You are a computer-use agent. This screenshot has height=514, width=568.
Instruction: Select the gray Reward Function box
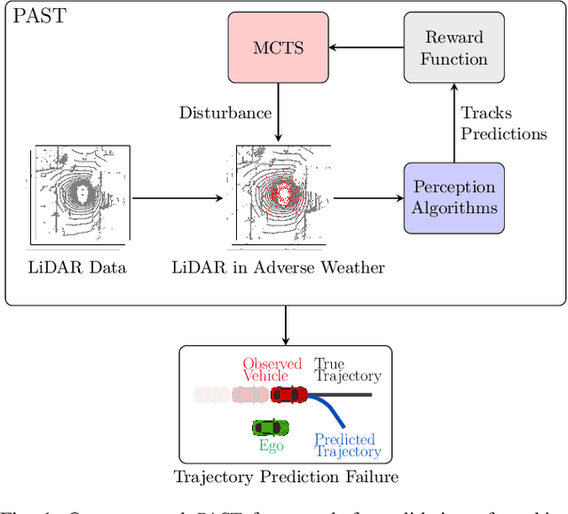(454, 49)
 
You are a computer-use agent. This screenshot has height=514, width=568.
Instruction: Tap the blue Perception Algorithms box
(454, 198)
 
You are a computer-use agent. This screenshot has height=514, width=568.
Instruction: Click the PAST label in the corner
(37, 16)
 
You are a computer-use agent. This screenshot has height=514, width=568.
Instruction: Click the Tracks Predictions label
(503, 123)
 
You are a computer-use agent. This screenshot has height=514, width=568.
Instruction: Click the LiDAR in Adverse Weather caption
(278, 267)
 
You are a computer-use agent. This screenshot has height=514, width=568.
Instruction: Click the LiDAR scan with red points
(278, 196)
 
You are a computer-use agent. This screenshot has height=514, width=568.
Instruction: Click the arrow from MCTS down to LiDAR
(279, 111)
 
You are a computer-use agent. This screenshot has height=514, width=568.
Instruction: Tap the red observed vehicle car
(289, 393)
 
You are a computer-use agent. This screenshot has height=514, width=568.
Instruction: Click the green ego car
(271, 426)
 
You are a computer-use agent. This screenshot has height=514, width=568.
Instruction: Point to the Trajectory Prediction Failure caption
(286, 477)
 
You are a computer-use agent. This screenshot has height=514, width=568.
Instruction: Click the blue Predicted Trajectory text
(348, 446)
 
